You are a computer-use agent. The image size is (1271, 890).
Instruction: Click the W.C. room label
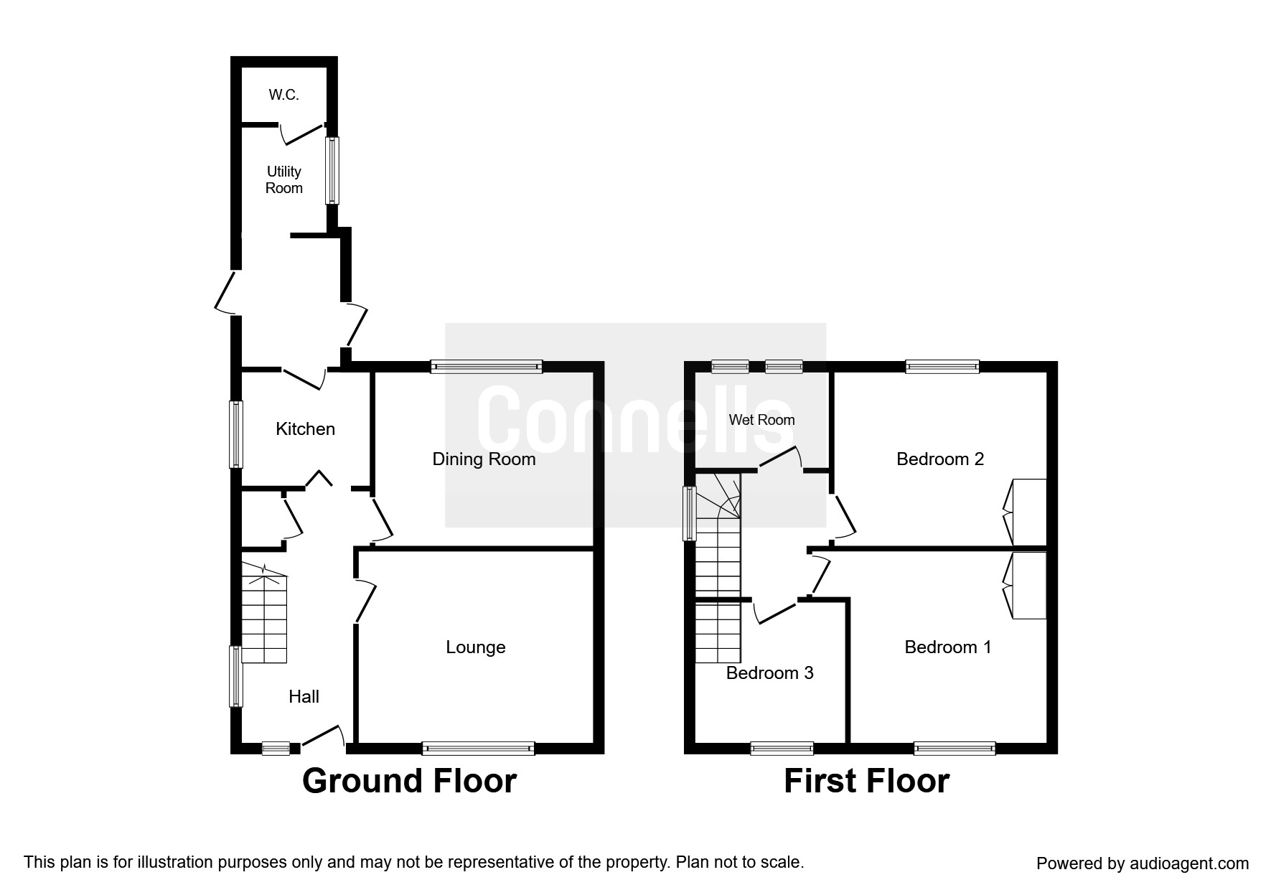pyautogui.click(x=283, y=95)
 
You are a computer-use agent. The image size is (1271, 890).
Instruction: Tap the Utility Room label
pyautogui.click(x=284, y=179)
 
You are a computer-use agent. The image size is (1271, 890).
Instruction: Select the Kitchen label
pyautogui.click(x=306, y=428)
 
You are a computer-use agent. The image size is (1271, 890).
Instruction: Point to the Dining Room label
pyautogui.click(x=484, y=459)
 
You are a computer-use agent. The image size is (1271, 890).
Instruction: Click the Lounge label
pyautogui.click(x=476, y=647)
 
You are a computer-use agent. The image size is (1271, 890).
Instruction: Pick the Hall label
pyautogui.click(x=304, y=696)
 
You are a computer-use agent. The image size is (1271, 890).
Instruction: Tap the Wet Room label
pyautogui.click(x=762, y=420)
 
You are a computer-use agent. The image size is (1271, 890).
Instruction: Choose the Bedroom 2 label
pyautogui.click(x=940, y=459)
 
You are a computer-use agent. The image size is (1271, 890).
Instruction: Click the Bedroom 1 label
pyautogui.click(x=948, y=647)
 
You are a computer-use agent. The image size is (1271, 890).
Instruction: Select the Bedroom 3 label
pyautogui.click(x=770, y=673)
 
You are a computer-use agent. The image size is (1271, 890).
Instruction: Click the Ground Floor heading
pyautogui.click(x=409, y=781)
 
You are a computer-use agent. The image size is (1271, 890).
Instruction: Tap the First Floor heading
pyautogui.click(x=866, y=781)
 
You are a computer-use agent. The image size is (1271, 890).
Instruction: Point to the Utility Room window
pyautogui.click(x=332, y=171)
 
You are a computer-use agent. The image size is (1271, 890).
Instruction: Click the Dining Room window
pyautogui.click(x=487, y=367)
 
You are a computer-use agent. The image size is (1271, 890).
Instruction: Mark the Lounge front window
pyautogui.click(x=479, y=749)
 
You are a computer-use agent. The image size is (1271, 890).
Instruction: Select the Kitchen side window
pyautogui.click(x=235, y=434)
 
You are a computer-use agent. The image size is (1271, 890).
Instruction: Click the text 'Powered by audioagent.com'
pyautogui.click(x=1143, y=863)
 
